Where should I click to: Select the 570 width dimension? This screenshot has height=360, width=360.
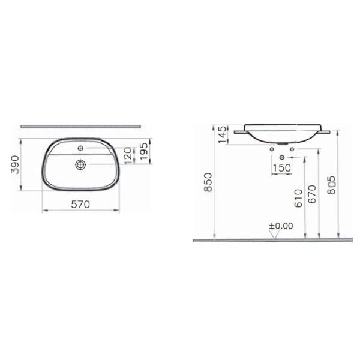(80, 204)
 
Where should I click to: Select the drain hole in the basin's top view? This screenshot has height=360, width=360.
(81, 163)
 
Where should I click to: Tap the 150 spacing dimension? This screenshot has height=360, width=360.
(281, 167)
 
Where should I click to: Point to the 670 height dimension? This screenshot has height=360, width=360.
(312, 194)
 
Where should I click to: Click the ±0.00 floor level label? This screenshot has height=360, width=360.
(280, 226)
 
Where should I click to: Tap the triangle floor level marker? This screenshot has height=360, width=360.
(275, 234)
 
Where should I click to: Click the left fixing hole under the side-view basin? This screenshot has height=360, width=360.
(272, 148)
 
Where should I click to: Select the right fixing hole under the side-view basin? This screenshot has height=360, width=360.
(292, 148)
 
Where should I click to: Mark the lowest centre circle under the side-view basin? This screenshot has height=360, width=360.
(282, 157)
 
